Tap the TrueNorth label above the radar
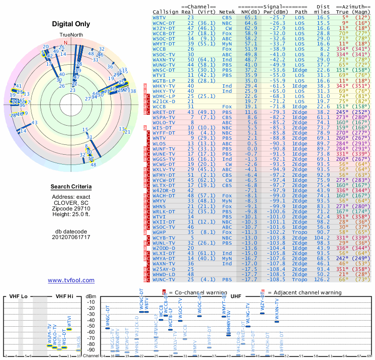pyautogui.click(x=71, y=35)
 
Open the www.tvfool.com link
pyautogui.click(x=71, y=280)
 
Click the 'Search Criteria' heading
pyautogui.click(x=71, y=187)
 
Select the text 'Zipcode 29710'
pyautogui.click(x=71, y=208)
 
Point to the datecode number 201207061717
pyautogui.click(x=71, y=237)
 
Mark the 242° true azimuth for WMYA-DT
pyautogui.click(x=341, y=258)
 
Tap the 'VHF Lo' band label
pyautogui.click(x=17, y=297)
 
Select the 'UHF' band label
pyautogui.click(x=237, y=297)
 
